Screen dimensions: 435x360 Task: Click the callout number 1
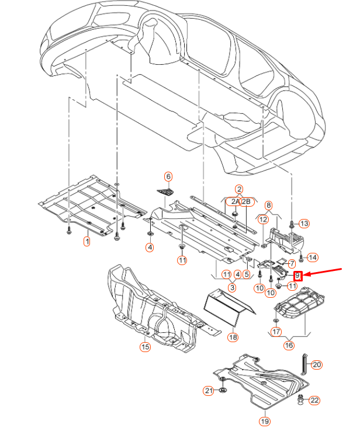(87, 241)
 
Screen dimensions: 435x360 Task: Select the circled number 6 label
(168, 176)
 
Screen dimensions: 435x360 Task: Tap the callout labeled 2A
(234, 201)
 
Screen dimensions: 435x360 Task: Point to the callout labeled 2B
(246, 201)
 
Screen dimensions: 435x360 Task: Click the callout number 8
(268, 205)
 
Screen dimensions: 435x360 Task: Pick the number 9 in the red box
(297, 275)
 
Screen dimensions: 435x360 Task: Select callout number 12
(264, 220)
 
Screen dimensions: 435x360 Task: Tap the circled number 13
(304, 224)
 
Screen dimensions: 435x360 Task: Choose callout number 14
(313, 257)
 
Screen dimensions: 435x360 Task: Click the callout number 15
(145, 347)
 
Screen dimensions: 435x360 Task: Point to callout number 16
(289, 346)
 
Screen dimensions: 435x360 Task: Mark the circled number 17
(276, 332)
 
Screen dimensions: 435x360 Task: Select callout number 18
(233, 337)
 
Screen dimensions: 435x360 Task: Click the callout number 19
(264, 421)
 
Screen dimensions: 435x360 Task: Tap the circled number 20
(316, 365)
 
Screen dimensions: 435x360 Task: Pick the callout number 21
(209, 391)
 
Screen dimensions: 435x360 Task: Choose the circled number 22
(314, 401)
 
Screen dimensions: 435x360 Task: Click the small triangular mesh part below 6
(167, 193)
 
